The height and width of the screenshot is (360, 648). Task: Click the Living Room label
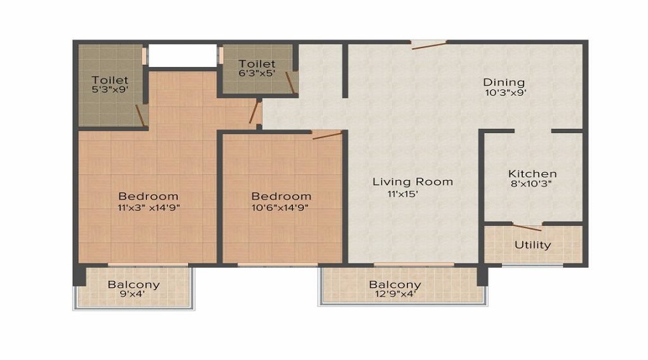pos(413,182)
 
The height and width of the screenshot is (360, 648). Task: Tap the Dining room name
pos(504,82)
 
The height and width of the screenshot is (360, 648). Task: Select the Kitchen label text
pos(532,174)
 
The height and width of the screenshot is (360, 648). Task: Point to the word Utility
pos(533,245)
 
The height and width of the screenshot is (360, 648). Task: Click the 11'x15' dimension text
pos(403,194)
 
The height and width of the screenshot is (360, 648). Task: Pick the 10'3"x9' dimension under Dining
pos(505,93)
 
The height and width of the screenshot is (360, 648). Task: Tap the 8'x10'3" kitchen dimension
pos(531,184)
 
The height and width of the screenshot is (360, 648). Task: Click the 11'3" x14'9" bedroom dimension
pos(149,207)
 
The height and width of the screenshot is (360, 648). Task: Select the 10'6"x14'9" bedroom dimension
pos(280,207)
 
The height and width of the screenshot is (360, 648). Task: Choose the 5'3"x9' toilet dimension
pos(110,89)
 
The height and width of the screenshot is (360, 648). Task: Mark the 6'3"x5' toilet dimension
pos(257,73)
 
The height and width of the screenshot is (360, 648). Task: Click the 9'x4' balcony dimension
pos(133,294)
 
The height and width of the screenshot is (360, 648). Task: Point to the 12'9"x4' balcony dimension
pos(395,294)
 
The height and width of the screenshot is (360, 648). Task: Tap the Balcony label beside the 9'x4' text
pos(133,284)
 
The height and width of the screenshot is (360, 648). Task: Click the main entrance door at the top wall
pos(429,45)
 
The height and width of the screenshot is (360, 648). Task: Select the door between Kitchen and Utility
pos(527,227)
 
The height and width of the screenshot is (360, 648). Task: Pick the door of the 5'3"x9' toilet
pos(140,115)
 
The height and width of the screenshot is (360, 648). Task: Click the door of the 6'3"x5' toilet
pos(290,83)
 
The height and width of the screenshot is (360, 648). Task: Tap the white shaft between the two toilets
pos(182,55)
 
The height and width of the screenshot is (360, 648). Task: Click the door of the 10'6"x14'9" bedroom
pos(327,135)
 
